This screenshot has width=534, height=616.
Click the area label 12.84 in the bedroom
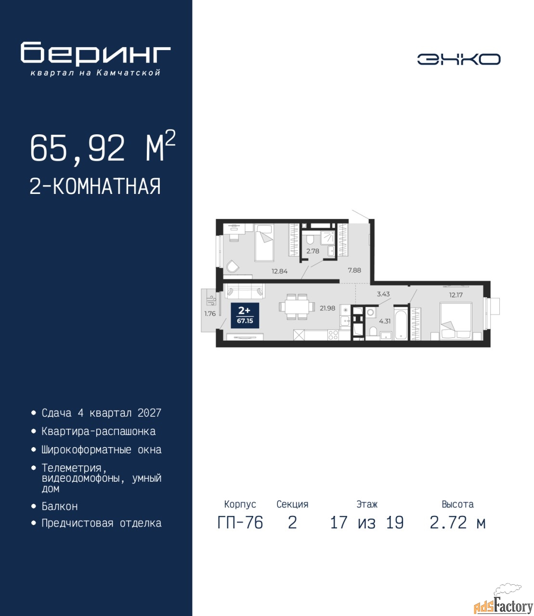[x=279, y=271]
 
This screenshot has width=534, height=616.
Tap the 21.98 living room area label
[x=327, y=308]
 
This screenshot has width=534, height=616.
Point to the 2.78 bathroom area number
[x=313, y=251]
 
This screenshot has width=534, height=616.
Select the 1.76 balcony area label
[x=210, y=313]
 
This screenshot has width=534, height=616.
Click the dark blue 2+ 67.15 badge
[x=245, y=316]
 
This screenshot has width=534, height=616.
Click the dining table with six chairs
[x=297, y=307]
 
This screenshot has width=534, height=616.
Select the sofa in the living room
[x=245, y=291]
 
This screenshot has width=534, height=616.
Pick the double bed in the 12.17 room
[x=456, y=321]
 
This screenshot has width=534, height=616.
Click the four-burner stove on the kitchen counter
[x=333, y=335]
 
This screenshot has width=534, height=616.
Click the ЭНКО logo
[x=458, y=59]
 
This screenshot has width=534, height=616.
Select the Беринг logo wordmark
[x=95, y=53]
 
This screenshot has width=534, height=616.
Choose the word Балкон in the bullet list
[x=60, y=506]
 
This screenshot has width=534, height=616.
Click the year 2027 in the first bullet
[x=149, y=413]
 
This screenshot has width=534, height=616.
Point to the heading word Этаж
[x=367, y=504]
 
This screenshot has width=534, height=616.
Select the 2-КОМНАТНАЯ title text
[x=95, y=186]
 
